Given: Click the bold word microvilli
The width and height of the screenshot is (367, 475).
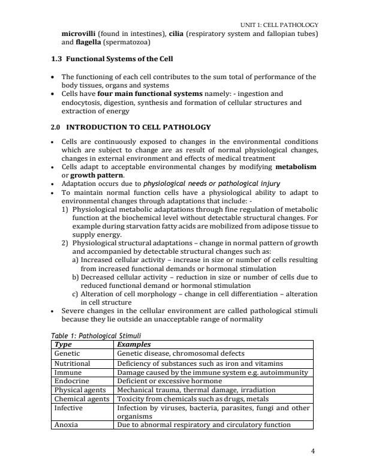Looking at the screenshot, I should coord(79,33).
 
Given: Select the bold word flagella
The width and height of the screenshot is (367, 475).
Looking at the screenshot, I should coord(86,43).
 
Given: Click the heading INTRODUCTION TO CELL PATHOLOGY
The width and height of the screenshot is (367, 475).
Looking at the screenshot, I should coord(138,127).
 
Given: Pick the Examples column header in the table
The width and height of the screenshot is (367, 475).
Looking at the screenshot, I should coord(134,345).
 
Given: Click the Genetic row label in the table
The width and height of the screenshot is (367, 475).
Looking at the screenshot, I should coord(68,354).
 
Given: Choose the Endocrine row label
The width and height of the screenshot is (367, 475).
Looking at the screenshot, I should coord(71,381).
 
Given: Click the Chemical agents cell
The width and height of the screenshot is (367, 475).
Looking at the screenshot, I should coord(82,398).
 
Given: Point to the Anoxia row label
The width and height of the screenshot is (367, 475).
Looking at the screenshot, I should coord(66,425).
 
